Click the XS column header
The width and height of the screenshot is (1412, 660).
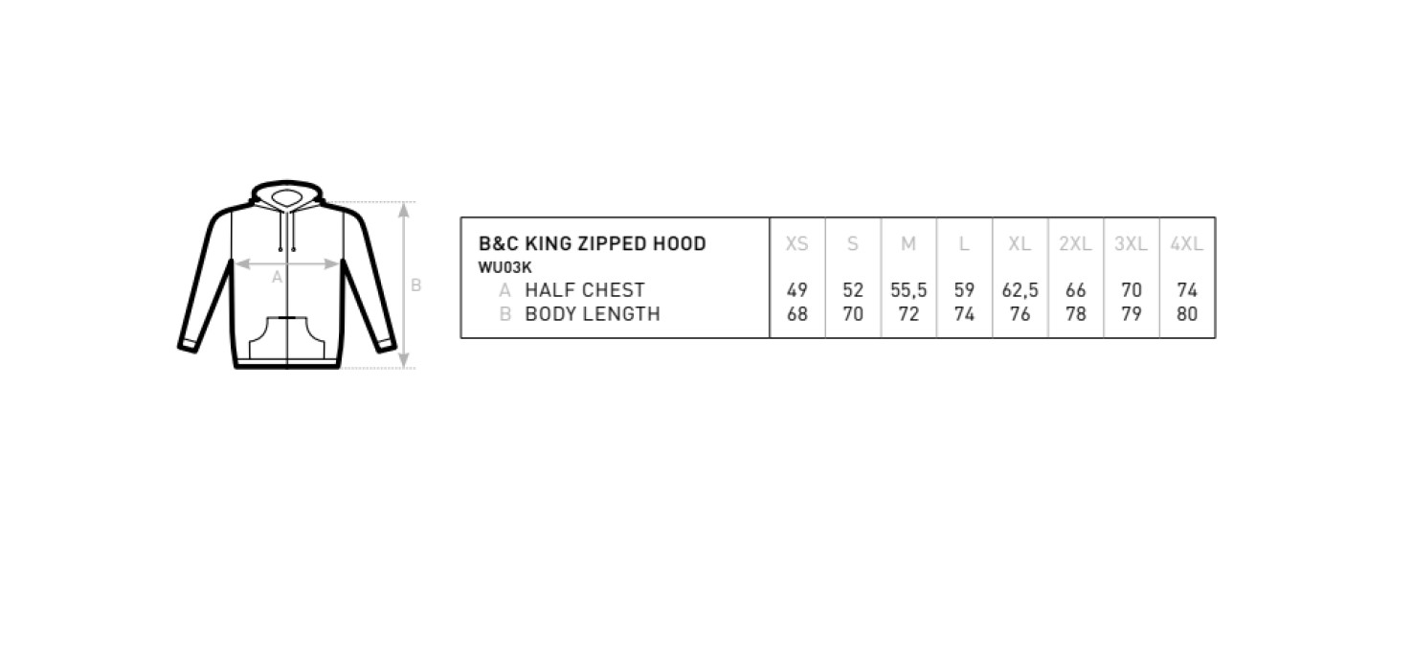coord(796,243)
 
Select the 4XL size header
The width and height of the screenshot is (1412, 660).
coord(1186,243)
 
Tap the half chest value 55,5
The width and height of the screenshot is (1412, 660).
coord(908,290)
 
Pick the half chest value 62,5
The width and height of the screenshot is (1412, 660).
coord(1020,290)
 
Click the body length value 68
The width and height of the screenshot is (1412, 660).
coord(796,314)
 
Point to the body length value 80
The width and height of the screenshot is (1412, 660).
coord(1186,314)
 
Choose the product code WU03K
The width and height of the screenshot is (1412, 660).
coord(504,267)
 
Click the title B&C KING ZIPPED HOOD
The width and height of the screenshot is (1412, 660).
coord(593,243)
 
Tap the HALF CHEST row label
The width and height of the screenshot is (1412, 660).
coord(585,290)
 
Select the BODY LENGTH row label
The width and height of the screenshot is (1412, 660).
coord(593,314)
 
